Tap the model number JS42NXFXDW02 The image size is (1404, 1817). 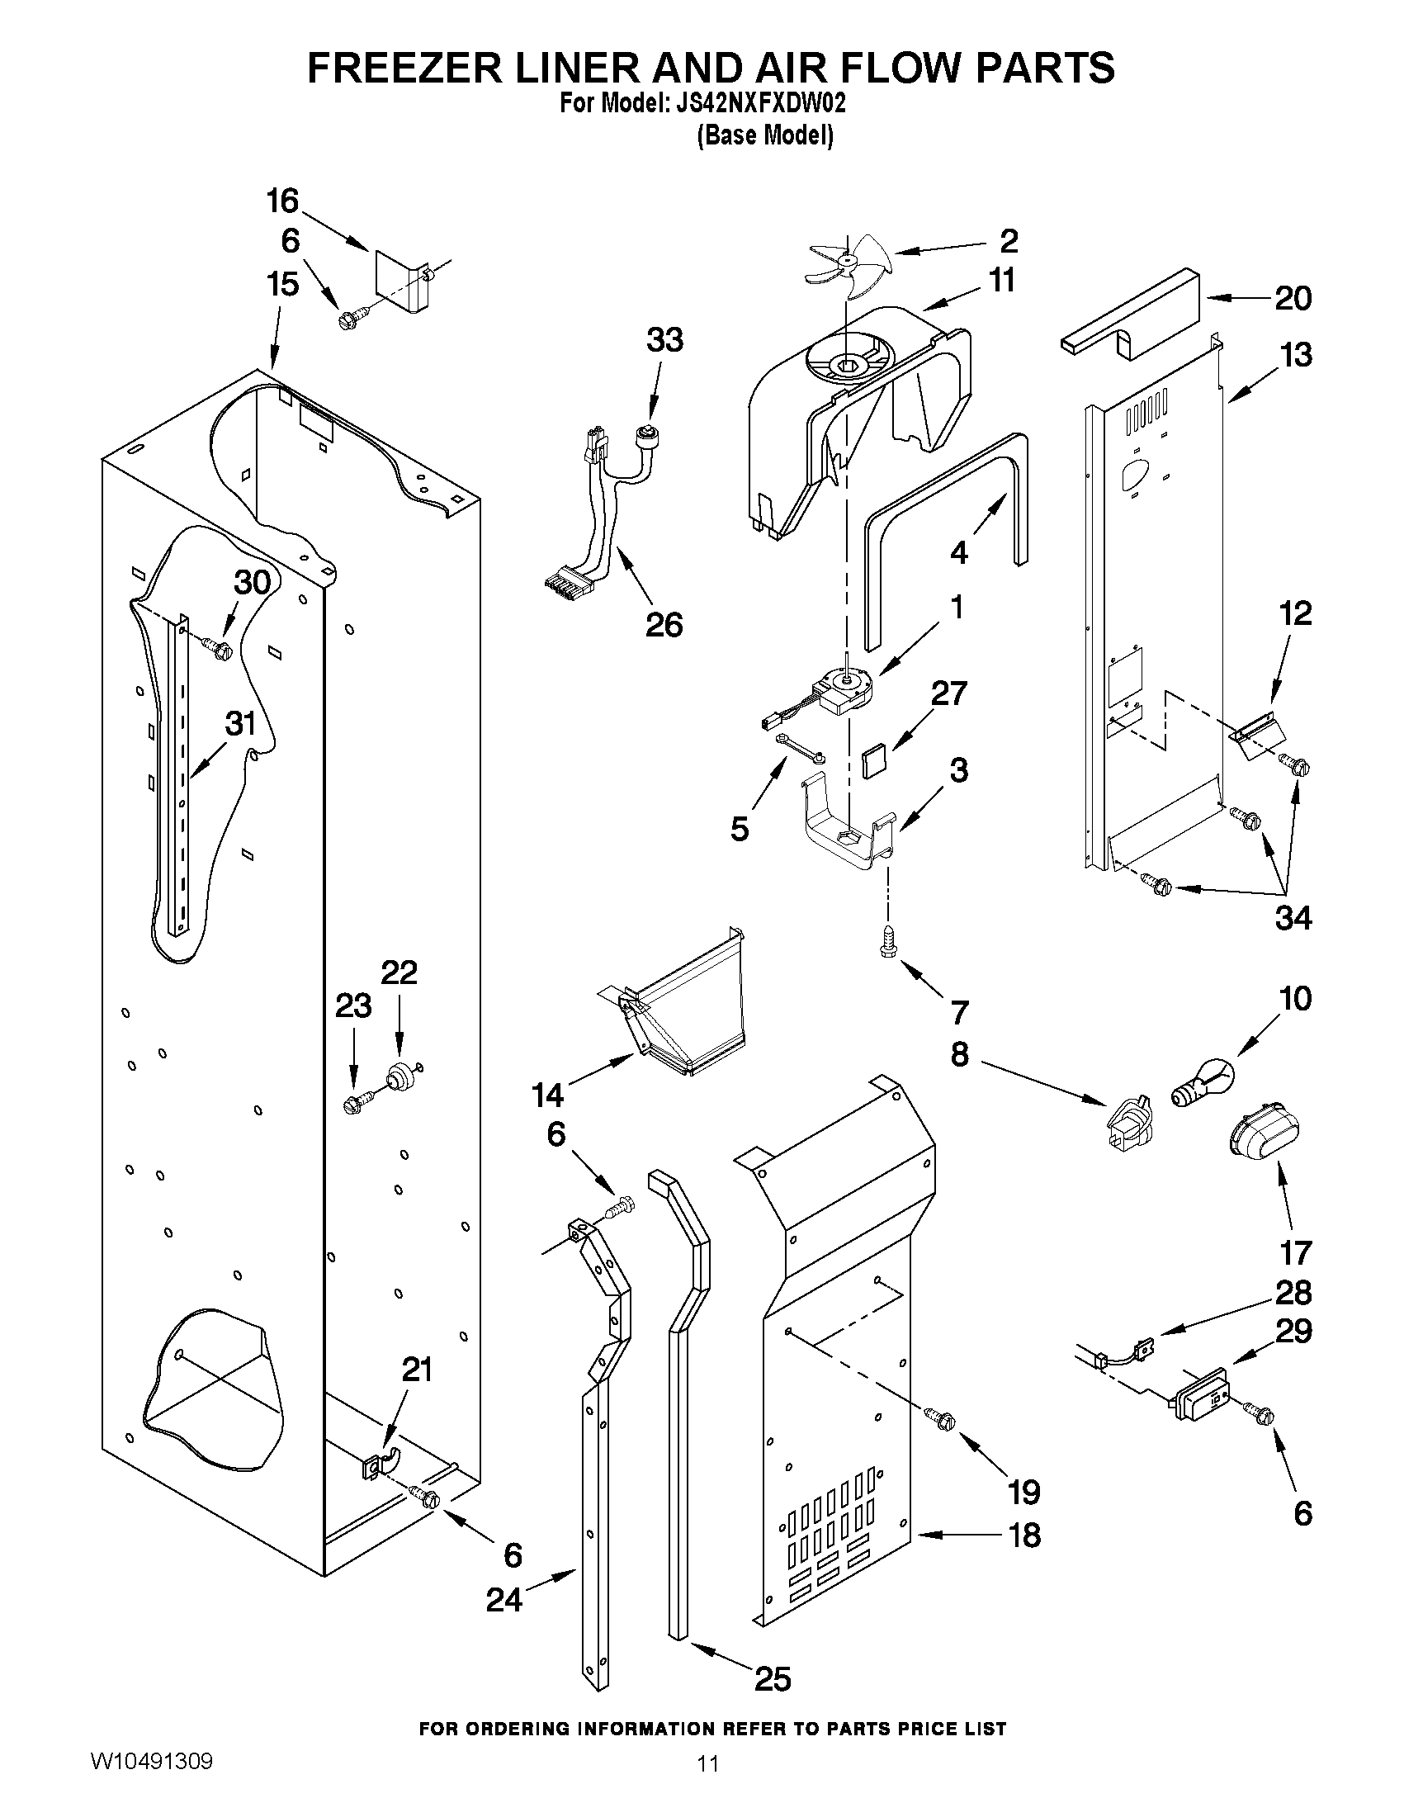tap(757, 105)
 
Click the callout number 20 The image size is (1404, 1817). tap(1293, 298)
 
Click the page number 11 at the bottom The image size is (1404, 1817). tap(708, 1786)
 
